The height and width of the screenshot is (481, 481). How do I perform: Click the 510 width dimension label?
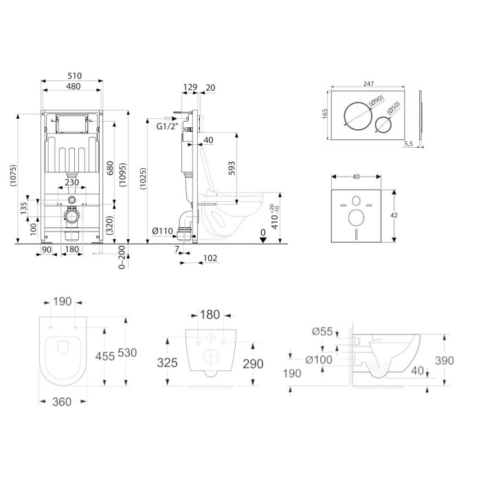point(74,76)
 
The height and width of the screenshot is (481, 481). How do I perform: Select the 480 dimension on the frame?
point(74,86)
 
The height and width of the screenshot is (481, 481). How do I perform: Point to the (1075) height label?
point(12,176)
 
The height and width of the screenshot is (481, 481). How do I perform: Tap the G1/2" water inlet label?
point(167,126)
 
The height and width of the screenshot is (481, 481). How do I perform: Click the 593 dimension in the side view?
point(232,168)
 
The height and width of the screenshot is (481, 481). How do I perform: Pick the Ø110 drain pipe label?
point(163,231)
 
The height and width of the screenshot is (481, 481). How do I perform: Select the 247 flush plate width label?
point(368,84)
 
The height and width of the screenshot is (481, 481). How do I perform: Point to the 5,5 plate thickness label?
point(408,143)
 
